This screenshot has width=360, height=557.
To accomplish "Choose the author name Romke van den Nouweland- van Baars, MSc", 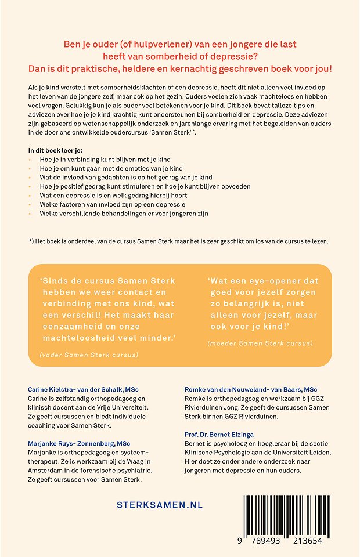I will click(260, 388).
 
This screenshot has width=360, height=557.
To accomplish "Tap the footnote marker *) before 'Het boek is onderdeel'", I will click(31, 241).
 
